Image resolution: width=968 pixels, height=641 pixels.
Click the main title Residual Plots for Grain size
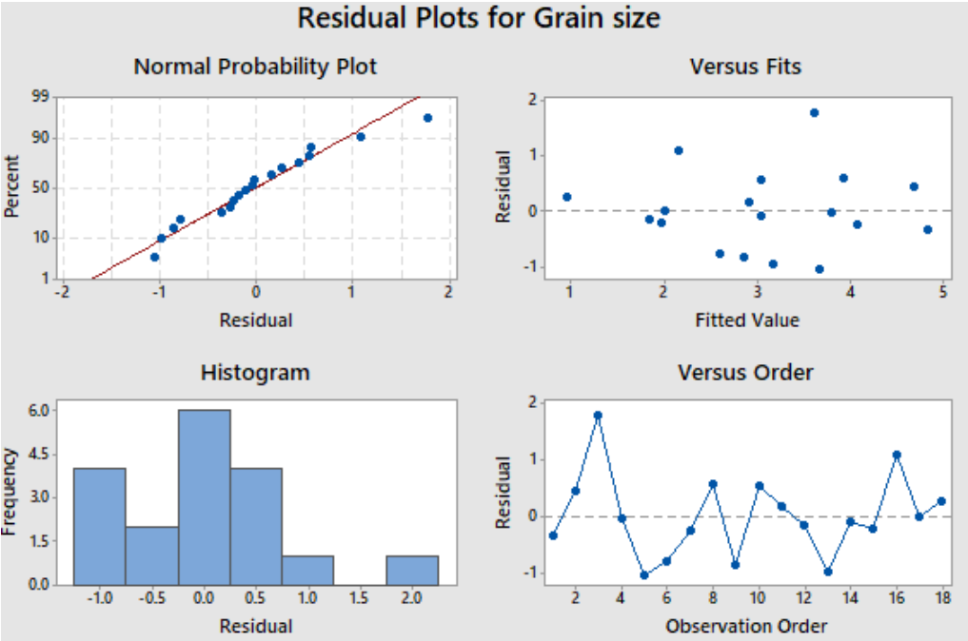479,18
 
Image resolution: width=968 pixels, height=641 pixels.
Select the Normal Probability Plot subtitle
255,67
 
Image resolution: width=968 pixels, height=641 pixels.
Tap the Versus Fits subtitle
745,67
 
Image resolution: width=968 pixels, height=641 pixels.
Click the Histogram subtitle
255,373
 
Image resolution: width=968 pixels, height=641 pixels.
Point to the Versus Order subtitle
745,373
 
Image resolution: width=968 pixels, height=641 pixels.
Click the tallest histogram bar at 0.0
205,497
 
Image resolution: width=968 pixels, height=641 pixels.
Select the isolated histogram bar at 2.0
412,570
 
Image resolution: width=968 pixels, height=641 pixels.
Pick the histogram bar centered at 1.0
308,570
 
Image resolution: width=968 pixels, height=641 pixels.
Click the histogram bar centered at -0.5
152,555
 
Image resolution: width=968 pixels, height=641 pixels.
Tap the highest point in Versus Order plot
598,416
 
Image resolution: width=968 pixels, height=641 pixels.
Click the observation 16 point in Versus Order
897,456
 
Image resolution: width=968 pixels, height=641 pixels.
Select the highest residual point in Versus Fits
814,113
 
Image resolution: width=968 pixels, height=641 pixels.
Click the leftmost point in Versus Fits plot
567,197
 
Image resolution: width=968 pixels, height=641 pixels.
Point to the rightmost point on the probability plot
427,118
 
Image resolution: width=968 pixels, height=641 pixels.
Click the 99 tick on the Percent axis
40,96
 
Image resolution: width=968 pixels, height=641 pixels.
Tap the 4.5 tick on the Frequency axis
38,455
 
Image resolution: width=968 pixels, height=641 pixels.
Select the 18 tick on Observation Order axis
942,597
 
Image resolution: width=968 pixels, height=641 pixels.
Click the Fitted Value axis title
747,320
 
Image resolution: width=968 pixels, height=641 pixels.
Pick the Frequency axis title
9,492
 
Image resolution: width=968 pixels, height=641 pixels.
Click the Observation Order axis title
746,626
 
